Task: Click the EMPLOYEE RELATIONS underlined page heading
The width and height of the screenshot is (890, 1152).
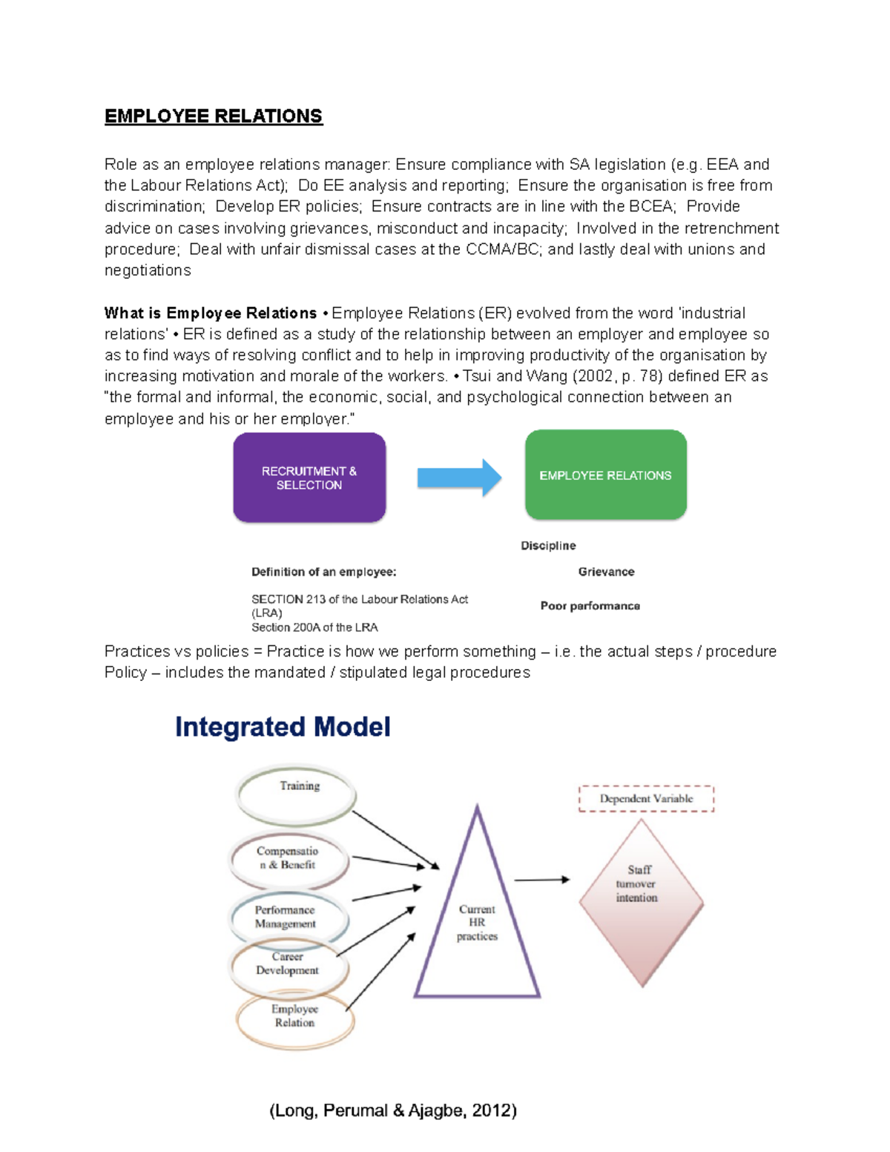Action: coord(214,116)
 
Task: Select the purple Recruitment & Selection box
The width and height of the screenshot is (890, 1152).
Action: coord(309,478)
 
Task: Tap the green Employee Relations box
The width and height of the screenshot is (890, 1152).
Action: coord(605,475)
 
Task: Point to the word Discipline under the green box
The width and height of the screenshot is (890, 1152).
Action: coord(548,546)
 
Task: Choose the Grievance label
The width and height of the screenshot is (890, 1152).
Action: coord(606,572)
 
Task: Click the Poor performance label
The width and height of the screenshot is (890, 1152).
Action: coord(590,606)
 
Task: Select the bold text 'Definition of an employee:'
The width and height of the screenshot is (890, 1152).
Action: coord(323,572)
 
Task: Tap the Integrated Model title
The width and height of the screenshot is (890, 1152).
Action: coord(283,727)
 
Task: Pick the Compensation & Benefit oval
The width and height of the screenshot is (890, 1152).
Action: coord(289,859)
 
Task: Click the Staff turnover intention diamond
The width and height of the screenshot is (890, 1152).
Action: coord(640,901)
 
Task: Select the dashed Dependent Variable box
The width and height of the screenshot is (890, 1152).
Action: coord(646,799)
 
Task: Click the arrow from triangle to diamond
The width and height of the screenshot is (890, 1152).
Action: coord(541,880)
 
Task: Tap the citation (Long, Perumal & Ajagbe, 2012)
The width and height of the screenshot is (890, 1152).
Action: coord(393,1110)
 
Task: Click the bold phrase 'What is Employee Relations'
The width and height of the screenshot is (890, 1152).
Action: coord(211,313)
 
